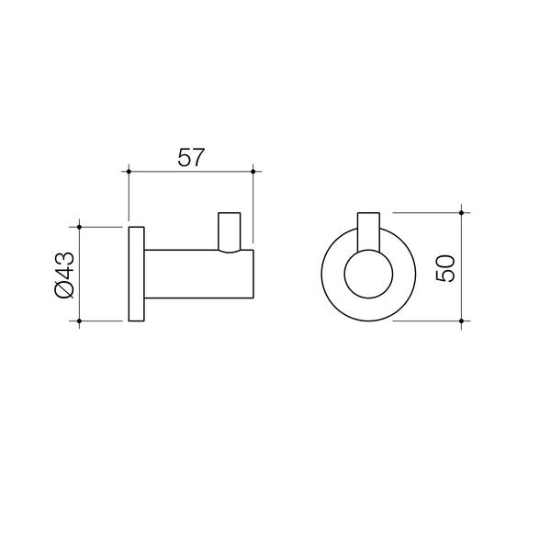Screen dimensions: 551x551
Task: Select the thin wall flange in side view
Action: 135,273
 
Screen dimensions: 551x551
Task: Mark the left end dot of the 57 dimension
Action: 129,171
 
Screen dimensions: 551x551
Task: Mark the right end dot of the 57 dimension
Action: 253,171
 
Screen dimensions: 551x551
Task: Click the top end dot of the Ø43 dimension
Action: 82,225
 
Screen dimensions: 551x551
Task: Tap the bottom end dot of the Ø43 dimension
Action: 82,320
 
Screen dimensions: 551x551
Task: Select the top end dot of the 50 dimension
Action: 462,211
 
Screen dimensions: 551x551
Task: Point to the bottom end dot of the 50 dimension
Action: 462,320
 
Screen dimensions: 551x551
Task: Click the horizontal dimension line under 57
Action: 190,171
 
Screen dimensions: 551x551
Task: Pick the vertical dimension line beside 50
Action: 462,294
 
